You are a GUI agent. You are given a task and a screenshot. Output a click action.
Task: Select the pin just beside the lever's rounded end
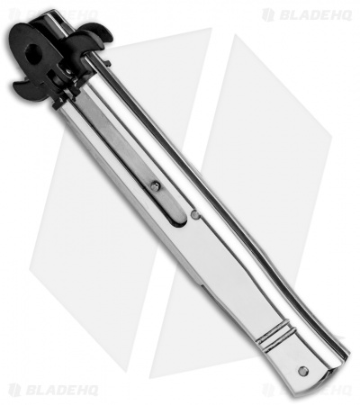195,214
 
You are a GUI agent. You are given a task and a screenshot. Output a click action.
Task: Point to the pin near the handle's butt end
302,371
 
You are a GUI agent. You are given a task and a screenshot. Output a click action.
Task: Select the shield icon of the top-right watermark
267,14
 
